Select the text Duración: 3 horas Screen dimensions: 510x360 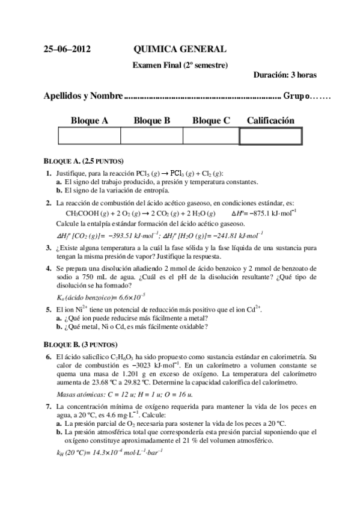(x=285, y=75)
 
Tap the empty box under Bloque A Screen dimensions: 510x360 (x=90, y=136)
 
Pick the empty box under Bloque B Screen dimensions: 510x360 (x=151, y=136)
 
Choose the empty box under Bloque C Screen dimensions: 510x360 (x=211, y=136)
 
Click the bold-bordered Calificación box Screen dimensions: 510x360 (x=270, y=137)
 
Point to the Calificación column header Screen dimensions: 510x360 (x=270, y=121)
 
